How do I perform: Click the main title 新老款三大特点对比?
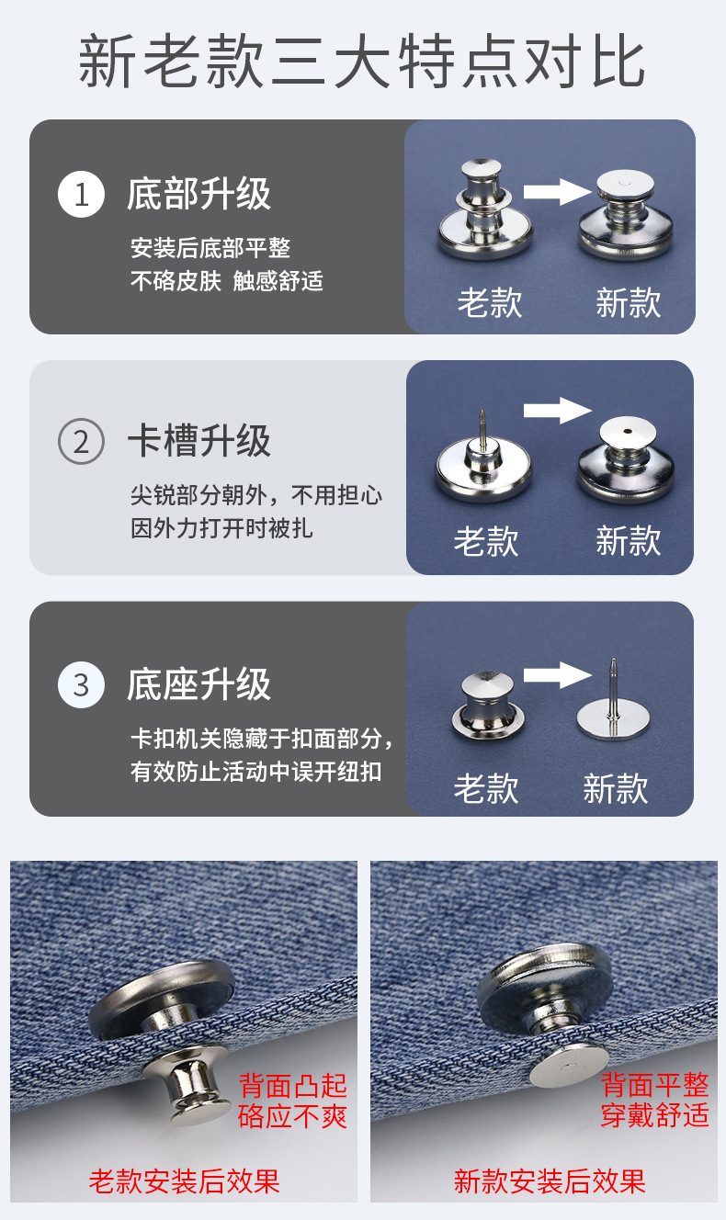[362, 62]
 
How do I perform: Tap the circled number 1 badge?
[81, 195]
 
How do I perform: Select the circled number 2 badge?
[81, 442]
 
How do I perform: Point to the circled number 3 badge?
[81, 685]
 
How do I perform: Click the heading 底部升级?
[199, 195]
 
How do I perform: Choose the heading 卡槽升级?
[199, 441]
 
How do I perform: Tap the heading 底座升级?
[199, 685]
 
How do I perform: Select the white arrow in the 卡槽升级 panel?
[557, 410]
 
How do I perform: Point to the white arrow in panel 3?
[557, 676]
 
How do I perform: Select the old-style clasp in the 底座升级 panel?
[487, 706]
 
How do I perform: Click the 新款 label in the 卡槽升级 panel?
[628, 540]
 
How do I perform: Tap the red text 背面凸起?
[293, 1085]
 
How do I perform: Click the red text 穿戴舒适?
[655, 1115]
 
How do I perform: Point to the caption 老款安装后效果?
[184, 1180]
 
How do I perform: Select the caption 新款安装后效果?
[550, 1180]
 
